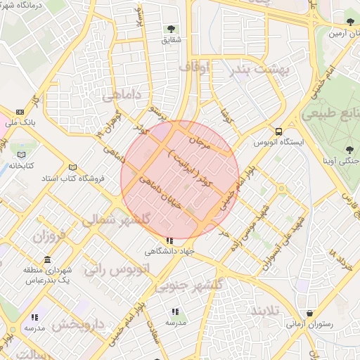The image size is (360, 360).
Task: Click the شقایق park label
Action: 172,40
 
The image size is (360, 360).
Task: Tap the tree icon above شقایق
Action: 172,30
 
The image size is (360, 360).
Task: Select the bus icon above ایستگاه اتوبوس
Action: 279,131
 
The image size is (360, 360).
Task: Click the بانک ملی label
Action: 20,122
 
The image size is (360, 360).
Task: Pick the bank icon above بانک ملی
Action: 20,112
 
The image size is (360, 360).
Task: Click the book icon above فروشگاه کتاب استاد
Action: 72,167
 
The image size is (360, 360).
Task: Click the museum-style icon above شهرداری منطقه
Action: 47,259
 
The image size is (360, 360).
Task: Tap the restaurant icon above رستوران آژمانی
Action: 310,314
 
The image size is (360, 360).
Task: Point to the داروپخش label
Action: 77,325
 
